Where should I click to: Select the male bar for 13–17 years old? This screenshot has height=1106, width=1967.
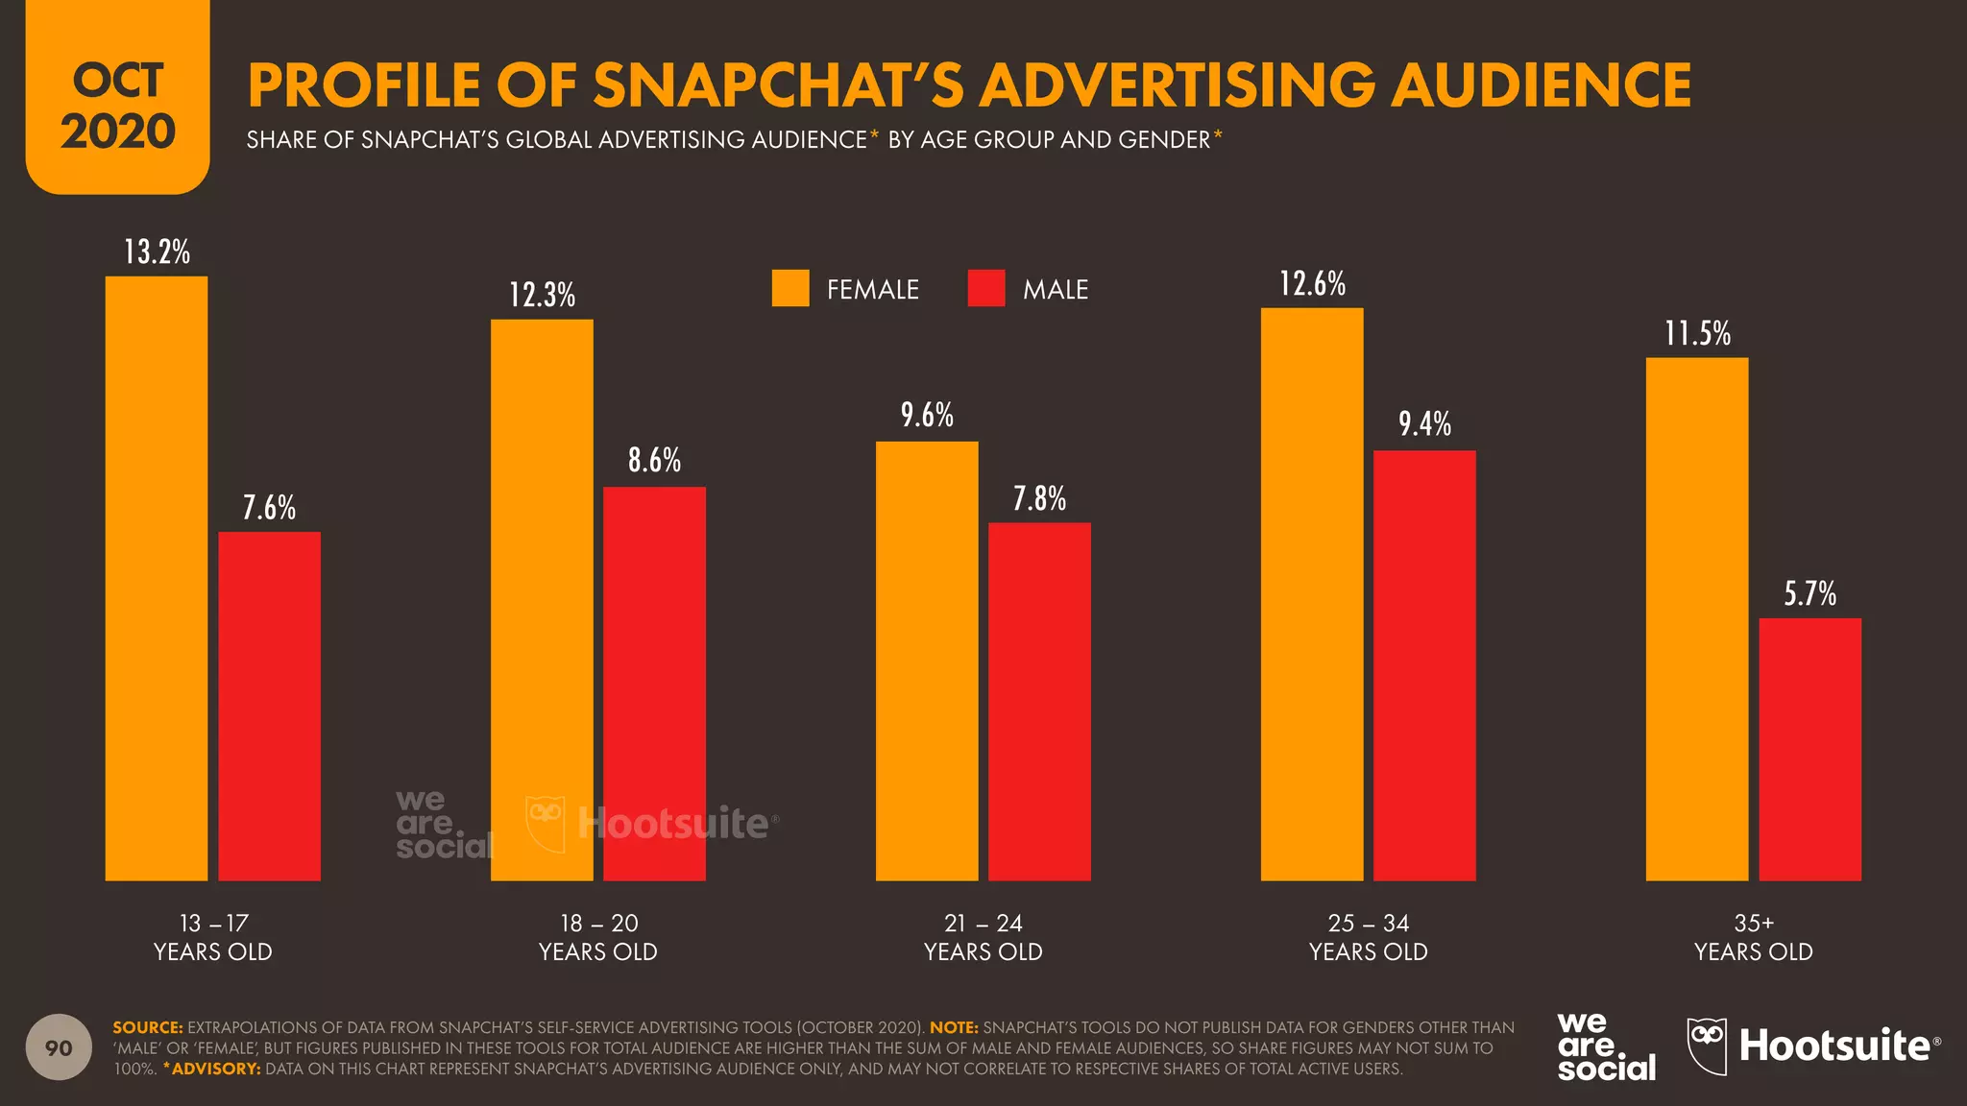click(x=270, y=706)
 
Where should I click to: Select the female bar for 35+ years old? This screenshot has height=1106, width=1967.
click(x=1697, y=619)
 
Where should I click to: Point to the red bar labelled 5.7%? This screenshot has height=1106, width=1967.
click(x=1809, y=749)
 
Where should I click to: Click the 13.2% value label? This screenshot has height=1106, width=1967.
click(x=157, y=252)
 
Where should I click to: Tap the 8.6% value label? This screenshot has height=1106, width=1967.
click(x=654, y=461)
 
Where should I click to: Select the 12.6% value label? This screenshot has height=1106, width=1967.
click(x=1312, y=284)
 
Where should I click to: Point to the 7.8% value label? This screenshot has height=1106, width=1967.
click(x=1039, y=499)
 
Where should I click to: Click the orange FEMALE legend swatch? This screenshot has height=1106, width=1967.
click(x=790, y=288)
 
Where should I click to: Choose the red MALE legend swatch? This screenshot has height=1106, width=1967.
click(x=986, y=288)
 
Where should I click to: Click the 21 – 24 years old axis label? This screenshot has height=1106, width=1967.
click(x=983, y=937)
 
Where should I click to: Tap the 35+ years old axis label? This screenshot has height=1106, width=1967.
click(x=1753, y=937)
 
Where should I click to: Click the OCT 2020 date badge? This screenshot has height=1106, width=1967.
click(x=117, y=106)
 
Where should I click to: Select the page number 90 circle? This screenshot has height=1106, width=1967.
click(x=60, y=1047)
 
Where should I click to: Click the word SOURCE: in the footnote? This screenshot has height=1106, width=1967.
click(x=147, y=1027)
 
